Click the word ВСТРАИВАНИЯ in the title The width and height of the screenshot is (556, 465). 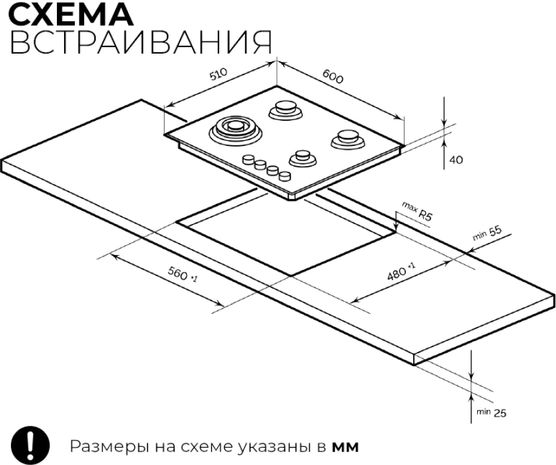141,42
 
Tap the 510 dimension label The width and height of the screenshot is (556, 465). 218,74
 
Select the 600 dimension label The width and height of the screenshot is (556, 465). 333,76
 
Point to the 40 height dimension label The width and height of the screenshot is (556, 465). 456,160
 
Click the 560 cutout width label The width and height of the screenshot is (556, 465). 182,274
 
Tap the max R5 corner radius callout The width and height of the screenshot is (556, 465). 418,212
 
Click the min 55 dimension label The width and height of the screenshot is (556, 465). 487,233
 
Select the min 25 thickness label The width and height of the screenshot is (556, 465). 491,412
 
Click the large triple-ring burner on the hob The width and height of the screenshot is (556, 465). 235,130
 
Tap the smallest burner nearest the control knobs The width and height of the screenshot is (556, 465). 303,158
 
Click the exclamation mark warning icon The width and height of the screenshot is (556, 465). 30,445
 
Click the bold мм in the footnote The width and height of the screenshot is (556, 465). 345,448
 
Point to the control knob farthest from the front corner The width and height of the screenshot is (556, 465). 249,159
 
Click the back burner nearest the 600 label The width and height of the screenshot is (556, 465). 286,110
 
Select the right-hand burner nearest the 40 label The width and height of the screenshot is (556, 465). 348,139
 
